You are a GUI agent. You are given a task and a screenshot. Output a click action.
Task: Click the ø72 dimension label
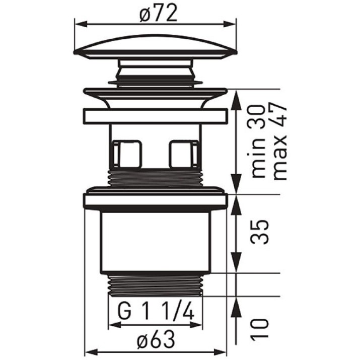(x=158, y=13)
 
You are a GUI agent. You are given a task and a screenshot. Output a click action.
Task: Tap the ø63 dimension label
(x=156, y=340)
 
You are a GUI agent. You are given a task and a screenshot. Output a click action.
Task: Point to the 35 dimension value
(x=259, y=232)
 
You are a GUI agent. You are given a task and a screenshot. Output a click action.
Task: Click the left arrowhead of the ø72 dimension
(x=82, y=24)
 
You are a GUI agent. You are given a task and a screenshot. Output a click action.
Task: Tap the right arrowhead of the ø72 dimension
(x=230, y=24)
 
